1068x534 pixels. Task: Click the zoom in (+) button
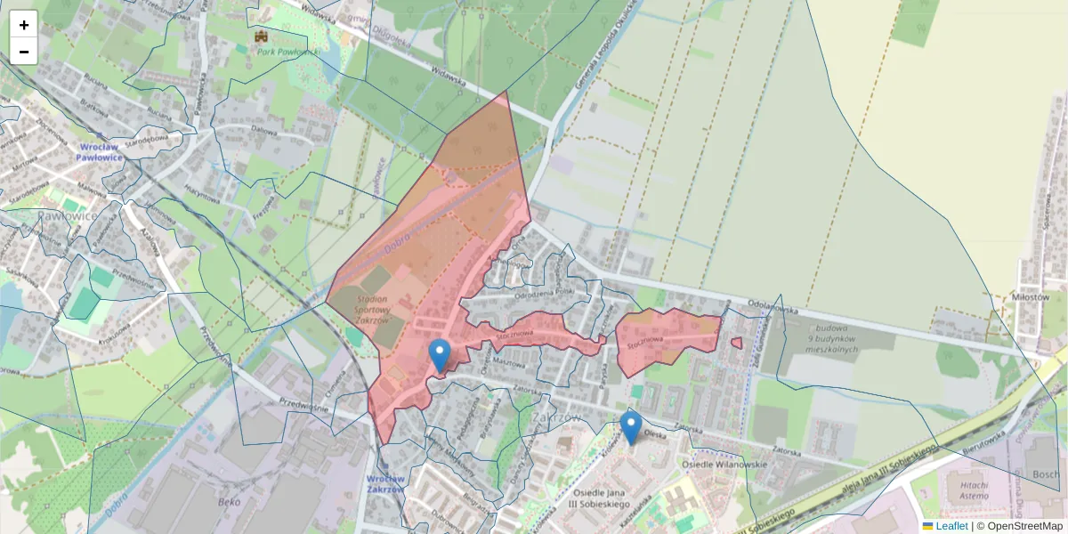[x=24, y=25]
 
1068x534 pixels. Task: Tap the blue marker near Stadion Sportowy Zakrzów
[x=439, y=355]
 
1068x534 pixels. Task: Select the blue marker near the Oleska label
[x=631, y=428]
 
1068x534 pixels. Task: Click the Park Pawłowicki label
[x=287, y=53]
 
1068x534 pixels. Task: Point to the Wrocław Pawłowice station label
[x=98, y=151]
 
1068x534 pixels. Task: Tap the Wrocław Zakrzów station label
[x=385, y=483]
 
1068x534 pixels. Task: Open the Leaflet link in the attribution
[x=951, y=526]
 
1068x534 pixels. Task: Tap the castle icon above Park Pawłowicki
[x=262, y=36]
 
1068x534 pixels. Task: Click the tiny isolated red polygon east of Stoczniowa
[x=736, y=343]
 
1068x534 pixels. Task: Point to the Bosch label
[x=1046, y=474]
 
